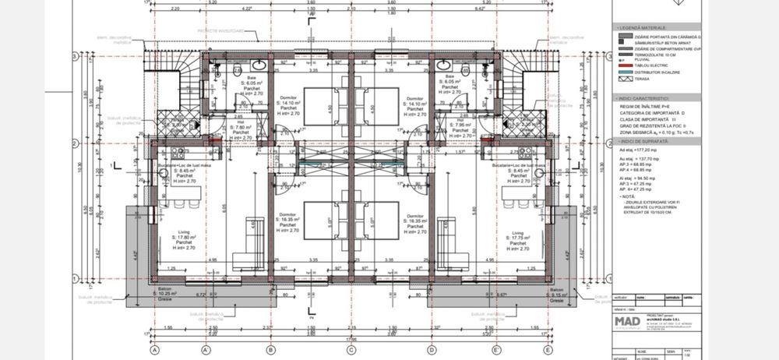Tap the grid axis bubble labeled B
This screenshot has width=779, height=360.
coord(270,350)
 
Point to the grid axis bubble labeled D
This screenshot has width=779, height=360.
coord(432,350)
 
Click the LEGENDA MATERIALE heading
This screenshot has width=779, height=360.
coord(647,28)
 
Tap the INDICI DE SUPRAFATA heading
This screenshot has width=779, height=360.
coord(647,142)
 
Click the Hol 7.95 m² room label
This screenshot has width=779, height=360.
coord(460,124)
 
